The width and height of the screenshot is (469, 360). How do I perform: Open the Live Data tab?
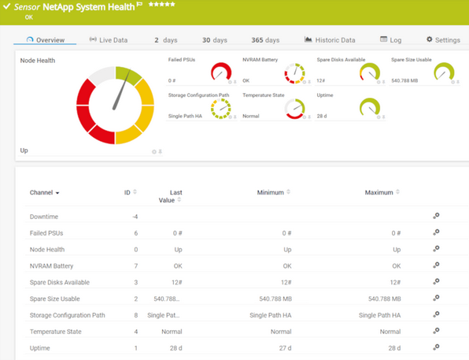tap(108, 40)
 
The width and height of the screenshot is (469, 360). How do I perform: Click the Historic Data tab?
tap(330, 40)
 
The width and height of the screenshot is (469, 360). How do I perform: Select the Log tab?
tap(390, 40)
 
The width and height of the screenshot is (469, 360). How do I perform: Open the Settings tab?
tap(443, 40)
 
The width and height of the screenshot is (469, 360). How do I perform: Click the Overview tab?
tap(45, 40)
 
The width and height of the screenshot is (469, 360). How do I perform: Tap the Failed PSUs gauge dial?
tap(222, 72)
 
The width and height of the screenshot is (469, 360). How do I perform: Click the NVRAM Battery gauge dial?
tap(296, 72)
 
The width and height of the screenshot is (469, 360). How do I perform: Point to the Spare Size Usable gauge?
tap(444, 72)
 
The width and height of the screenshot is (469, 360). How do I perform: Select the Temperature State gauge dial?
tap(296, 109)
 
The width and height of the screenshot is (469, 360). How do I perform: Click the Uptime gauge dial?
tap(370, 109)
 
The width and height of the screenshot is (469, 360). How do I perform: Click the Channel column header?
tap(44, 192)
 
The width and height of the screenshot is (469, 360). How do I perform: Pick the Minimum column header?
tap(272, 192)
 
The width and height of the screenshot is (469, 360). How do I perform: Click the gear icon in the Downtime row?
tap(436, 216)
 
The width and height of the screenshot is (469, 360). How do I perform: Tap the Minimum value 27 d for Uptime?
tap(281, 348)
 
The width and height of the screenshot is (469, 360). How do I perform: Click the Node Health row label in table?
tap(48, 249)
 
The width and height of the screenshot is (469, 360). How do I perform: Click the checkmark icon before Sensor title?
tap(7, 7)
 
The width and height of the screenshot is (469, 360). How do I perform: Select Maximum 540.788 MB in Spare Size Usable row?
tap(380, 299)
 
